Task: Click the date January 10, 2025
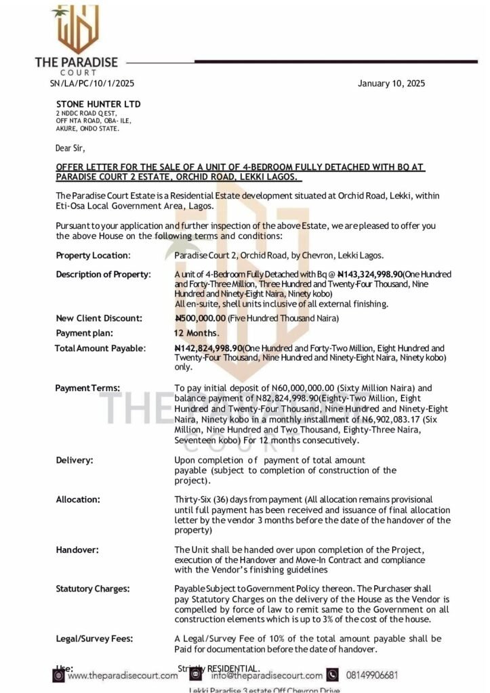click(391, 84)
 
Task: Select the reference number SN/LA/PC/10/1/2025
click(92, 84)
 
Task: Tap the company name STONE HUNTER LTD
click(98, 104)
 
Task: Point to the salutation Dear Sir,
click(70, 147)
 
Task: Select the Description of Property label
click(103, 274)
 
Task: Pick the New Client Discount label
click(99, 318)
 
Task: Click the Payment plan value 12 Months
click(197, 333)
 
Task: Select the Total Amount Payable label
click(100, 348)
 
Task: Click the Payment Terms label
click(87, 388)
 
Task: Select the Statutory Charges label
click(93, 589)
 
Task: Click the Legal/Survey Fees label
click(94, 638)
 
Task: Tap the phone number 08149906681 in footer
click(371, 675)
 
